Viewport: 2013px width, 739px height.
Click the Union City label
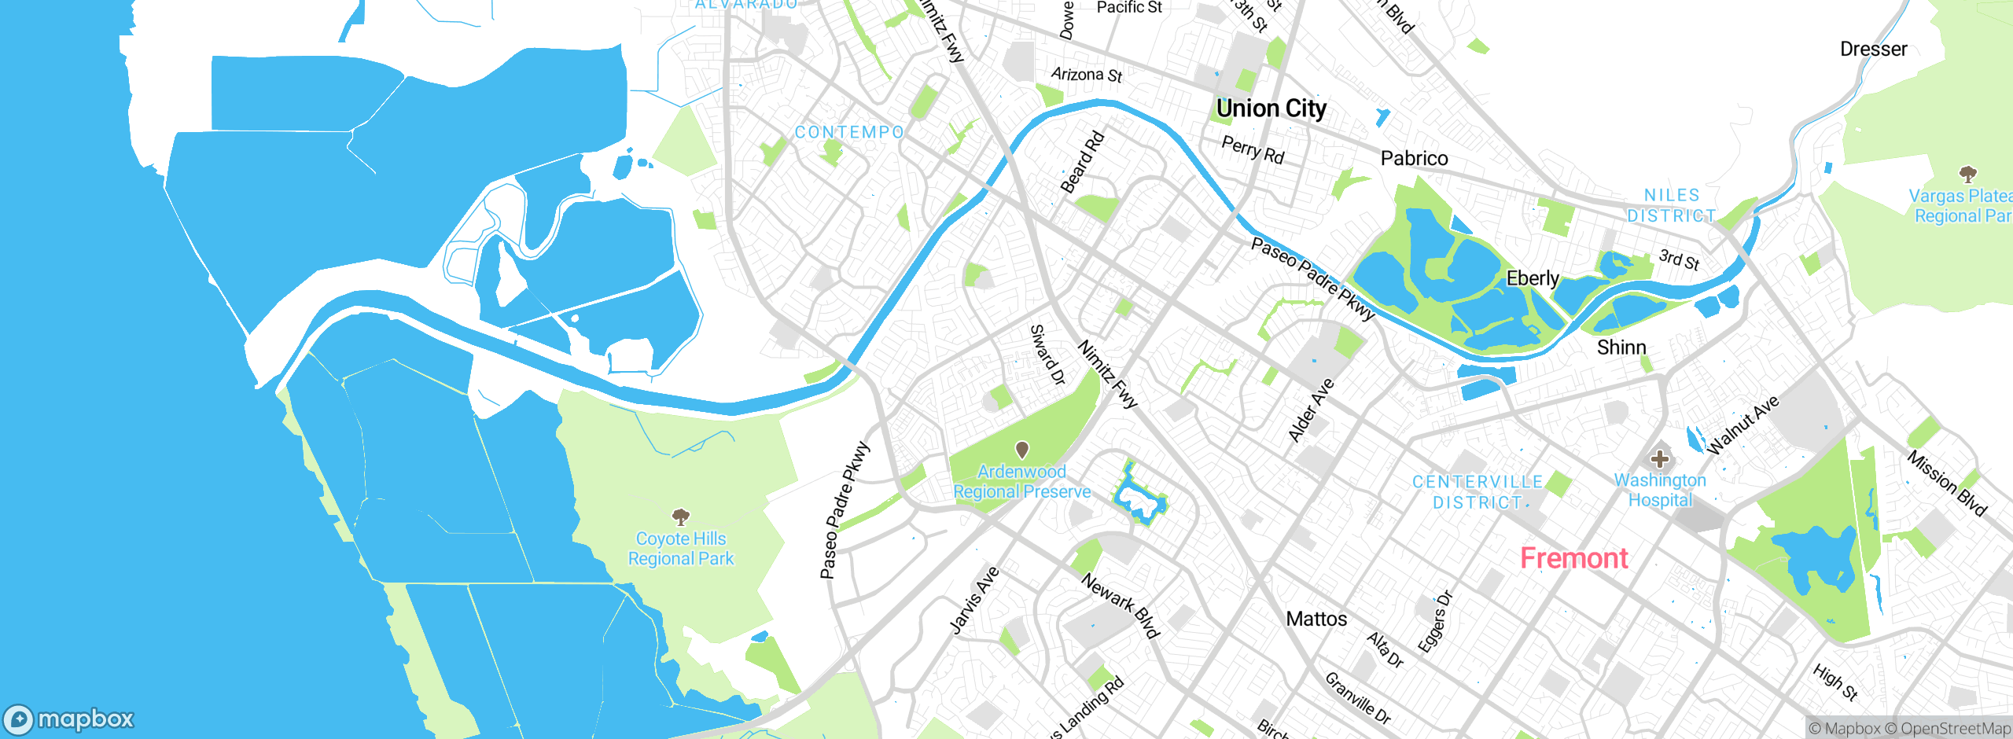tap(1271, 108)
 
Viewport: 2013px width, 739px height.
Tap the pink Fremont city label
tap(1573, 558)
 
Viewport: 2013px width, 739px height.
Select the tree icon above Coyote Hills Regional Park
tap(681, 517)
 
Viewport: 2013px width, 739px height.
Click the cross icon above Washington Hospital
tap(1659, 458)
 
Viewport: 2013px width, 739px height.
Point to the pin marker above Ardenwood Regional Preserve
tap(1022, 450)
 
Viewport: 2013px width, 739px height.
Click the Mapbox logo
tap(69, 719)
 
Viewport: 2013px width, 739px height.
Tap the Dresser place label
tap(1873, 50)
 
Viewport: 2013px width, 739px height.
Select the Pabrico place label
tap(1414, 159)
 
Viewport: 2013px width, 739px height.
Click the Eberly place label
tap(1532, 278)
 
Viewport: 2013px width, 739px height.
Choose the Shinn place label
tap(1621, 347)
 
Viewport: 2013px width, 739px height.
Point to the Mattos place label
tap(1316, 620)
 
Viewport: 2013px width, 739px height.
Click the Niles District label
tap(1671, 205)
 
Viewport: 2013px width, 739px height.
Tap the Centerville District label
tap(1478, 492)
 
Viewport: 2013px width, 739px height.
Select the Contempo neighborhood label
tap(849, 132)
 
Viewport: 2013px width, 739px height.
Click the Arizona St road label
tap(1087, 75)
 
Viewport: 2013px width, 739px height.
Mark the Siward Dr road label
tap(1047, 355)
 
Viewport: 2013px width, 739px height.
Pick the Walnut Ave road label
tap(1743, 425)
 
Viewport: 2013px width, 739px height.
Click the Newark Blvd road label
tap(1121, 605)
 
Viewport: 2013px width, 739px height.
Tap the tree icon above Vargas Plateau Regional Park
tap(1967, 174)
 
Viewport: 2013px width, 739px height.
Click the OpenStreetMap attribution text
tap(1955, 729)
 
